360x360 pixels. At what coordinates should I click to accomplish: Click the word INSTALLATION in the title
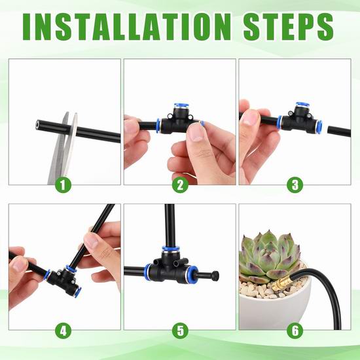tap(127, 27)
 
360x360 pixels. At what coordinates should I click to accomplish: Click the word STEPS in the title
tap(289, 27)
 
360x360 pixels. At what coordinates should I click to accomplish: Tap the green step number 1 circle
tap(63, 185)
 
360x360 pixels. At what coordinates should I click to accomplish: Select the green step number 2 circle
tap(180, 185)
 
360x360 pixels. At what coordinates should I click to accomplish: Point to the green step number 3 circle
tap(295, 185)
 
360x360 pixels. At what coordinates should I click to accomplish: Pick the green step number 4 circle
tap(63, 331)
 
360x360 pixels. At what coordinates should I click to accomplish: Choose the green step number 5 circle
tap(180, 331)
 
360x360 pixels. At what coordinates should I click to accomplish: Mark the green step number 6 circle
tap(295, 331)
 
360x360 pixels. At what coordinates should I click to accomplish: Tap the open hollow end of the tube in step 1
tap(38, 124)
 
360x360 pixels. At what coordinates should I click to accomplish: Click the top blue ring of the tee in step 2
tap(181, 105)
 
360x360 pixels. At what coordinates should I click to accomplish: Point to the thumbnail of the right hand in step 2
tap(195, 134)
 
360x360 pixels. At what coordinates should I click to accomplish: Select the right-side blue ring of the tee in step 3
tap(319, 126)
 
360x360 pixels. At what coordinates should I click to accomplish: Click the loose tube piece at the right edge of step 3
tap(339, 132)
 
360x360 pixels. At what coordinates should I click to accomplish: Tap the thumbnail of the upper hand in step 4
tap(92, 241)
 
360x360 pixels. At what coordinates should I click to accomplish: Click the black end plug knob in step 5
tap(215, 275)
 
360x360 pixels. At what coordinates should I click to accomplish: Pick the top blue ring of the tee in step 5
tap(171, 249)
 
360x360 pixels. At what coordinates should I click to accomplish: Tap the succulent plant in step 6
tap(270, 255)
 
